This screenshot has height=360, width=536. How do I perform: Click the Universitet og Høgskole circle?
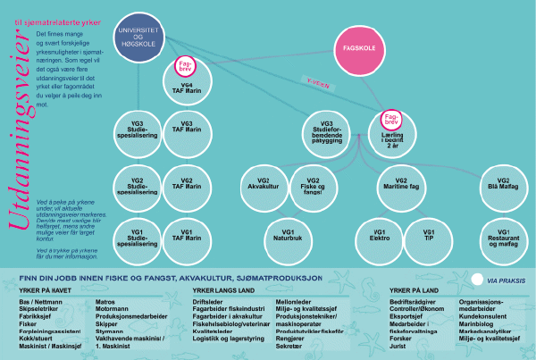point(140,38)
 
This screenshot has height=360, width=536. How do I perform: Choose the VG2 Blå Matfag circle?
point(503,185)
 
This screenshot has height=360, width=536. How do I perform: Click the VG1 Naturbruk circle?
point(285,238)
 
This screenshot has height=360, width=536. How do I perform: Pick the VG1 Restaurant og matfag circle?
point(503,238)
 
